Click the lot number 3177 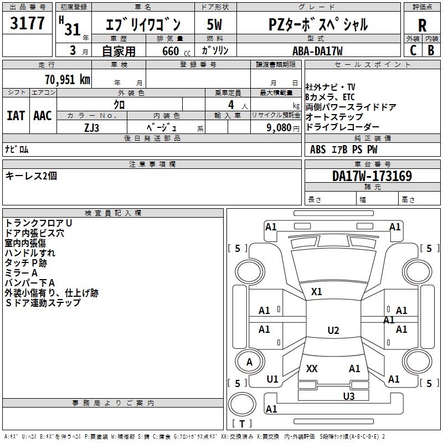click(28, 24)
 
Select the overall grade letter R click(422, 25)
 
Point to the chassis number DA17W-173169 click(372, 176)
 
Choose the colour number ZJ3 click(92, 127)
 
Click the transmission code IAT click(16, 116)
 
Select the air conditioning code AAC click(43, 116)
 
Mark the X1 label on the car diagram click(317, 291)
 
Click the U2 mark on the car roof click(333, 331)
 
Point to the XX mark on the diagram click(312, 368)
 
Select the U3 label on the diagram click(348, 396)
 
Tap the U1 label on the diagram click(272, 379)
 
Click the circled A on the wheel click(249, 362)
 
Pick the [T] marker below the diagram click(241, 424)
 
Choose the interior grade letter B click(431, 50)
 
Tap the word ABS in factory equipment click(318, 150)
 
